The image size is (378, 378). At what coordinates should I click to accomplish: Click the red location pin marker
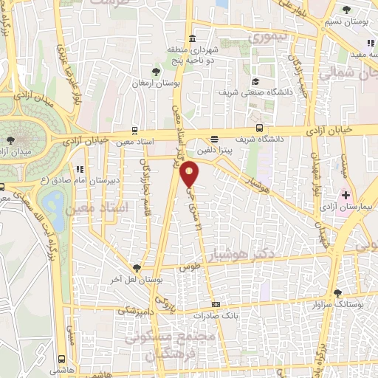[190, 174]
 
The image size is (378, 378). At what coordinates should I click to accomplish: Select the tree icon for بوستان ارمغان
[156, 71]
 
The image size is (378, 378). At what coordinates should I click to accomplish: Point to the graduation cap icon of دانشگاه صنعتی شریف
[255, 81]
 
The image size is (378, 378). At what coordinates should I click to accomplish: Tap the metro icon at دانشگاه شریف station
[214, 138]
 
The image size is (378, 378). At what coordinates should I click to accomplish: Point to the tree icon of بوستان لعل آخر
[137, 268]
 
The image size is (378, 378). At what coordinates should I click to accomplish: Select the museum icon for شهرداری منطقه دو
[192, 39]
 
